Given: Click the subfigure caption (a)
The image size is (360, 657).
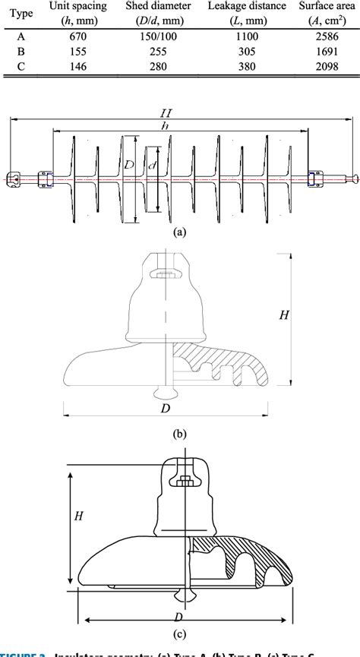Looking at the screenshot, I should coord(179,233).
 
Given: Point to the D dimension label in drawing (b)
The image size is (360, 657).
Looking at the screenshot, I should coord(165,409).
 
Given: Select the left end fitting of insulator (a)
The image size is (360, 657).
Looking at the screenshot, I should coord(15,180).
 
